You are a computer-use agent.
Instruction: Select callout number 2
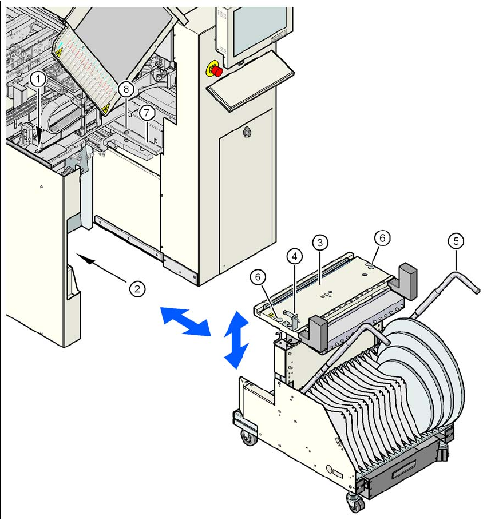(x=136, y=288)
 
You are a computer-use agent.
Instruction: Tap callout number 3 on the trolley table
(x=320, y=242)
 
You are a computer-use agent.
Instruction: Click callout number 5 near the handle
(x=456, y=241)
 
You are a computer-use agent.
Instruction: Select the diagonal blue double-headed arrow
(x=184, y=321)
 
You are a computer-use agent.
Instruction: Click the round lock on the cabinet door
(x=247, y=132)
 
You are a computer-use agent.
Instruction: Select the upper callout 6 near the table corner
(x=382, y=237)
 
